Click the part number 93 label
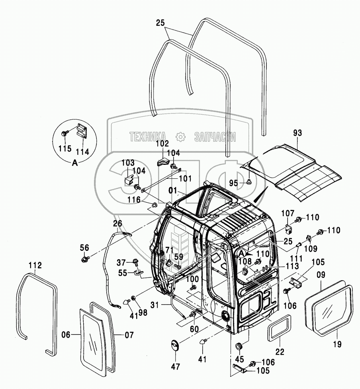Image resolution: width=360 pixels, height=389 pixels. click(x=298, y=134)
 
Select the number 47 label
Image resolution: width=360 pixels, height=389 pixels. click(x=176, y=366)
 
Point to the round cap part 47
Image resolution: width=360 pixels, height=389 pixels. click(x=174, y=345)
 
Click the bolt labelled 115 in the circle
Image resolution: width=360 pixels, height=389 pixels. click(x=65, y=133)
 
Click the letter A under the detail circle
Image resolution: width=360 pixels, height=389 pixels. click(x=74, y=162)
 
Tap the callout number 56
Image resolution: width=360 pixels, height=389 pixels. click(x=84, y=248)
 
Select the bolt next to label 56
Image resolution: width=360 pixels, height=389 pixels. click(x=84, y=260)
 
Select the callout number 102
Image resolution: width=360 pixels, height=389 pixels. click(x=162, y=143)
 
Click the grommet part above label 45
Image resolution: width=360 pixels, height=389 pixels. click(x=239, y=345)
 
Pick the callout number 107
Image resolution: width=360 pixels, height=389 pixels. click(x=288, y=213)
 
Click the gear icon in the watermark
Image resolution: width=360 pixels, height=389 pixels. click(x=180, y=137)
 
